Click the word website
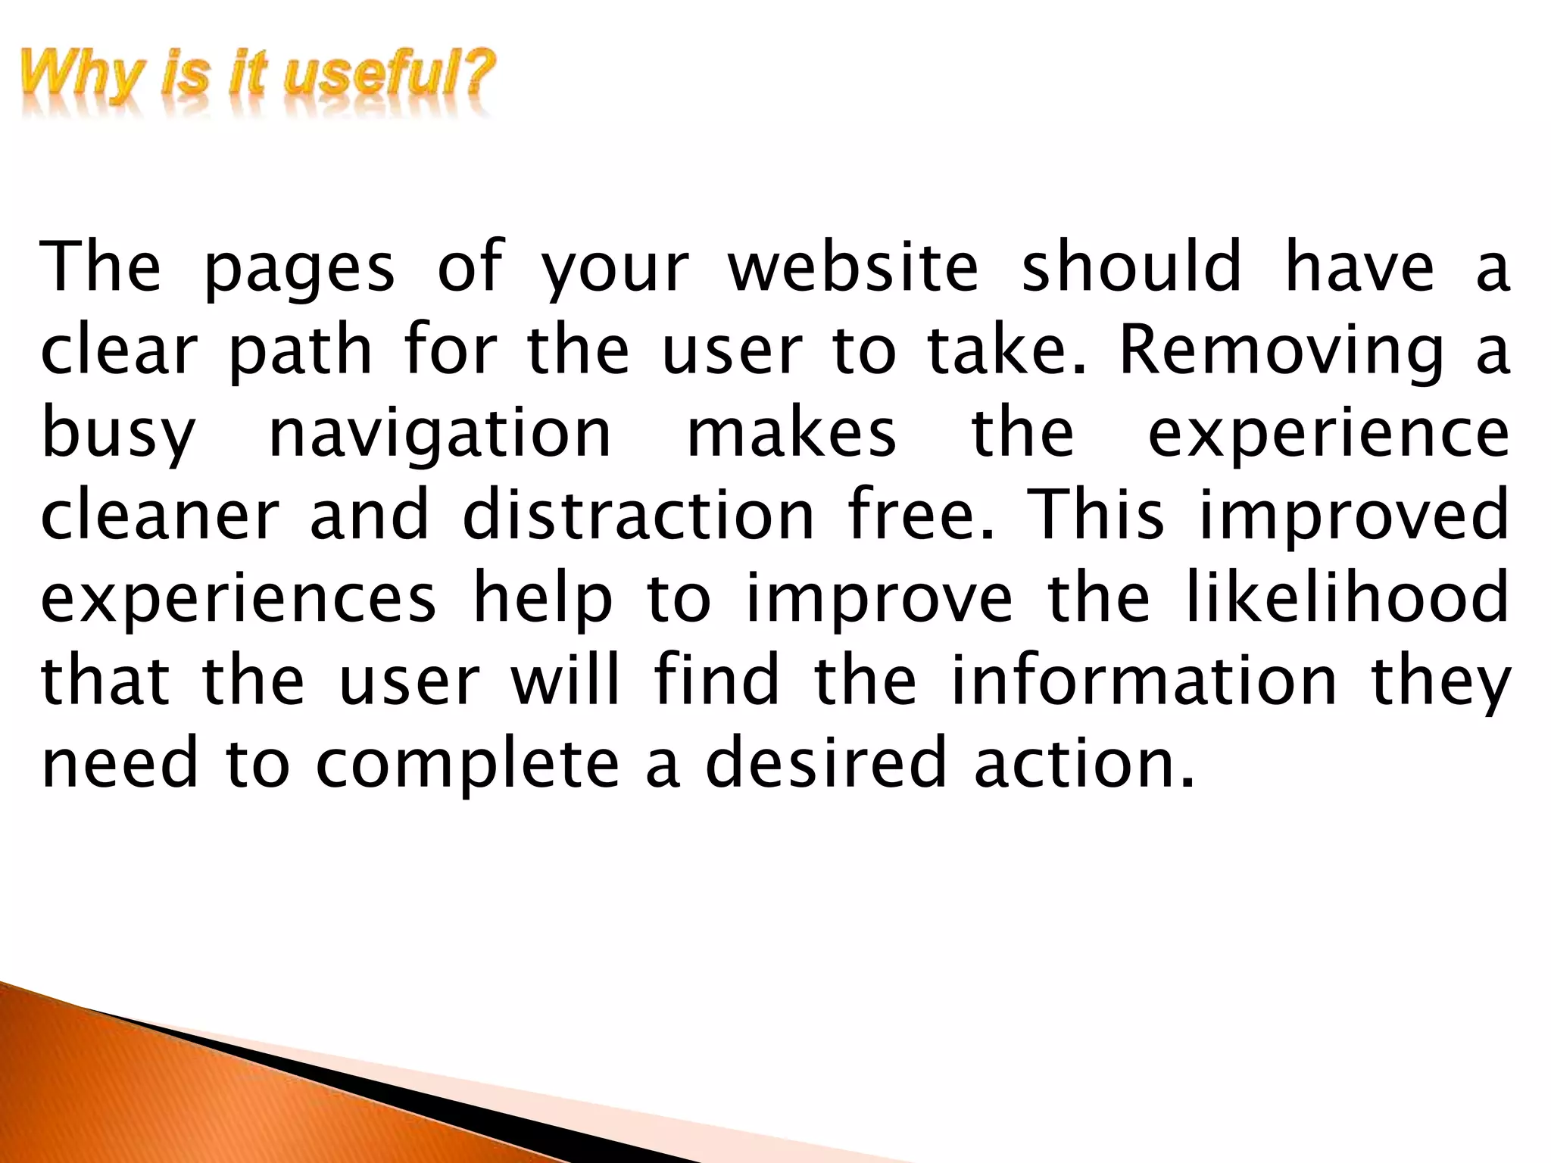pos(853,267)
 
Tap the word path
pos(301,352)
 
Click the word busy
pos(119,437)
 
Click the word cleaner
pos(160,519)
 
